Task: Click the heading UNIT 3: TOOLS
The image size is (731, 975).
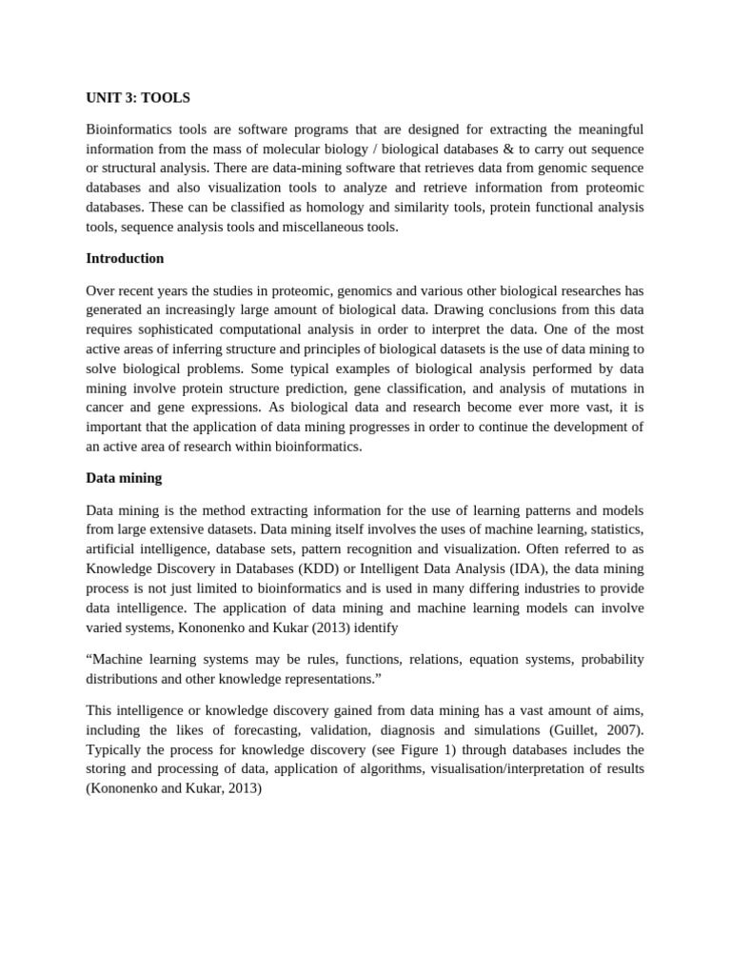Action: point(138,98)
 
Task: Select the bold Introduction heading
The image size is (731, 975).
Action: point(125,258)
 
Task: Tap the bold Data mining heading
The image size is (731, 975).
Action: point(124,478)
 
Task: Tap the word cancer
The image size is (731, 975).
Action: point(107,408)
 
